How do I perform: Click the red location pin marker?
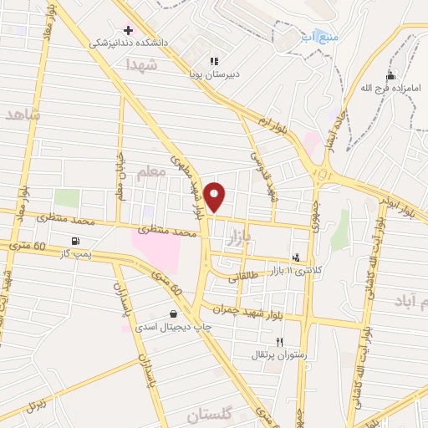[216, 196]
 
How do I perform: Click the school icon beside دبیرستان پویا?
[214, 61]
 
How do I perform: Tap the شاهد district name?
[22, 115]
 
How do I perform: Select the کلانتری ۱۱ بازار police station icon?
[295, 257]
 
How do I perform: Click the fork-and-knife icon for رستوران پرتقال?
[280, 341]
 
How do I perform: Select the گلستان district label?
[207, 415]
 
